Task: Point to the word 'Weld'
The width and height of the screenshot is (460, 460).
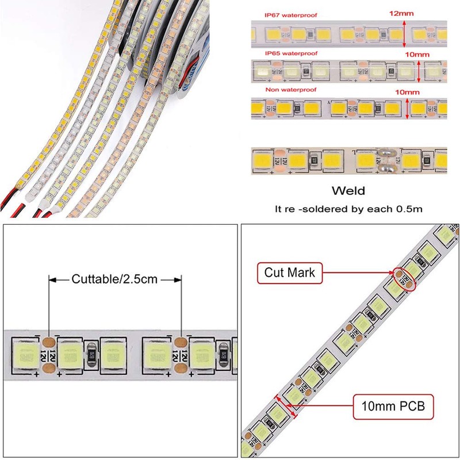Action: [348, 190]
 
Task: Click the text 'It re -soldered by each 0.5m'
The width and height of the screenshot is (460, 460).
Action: [348, 209]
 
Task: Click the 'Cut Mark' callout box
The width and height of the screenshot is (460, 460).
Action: [290, 273]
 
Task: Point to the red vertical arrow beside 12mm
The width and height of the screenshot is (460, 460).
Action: [404, 34]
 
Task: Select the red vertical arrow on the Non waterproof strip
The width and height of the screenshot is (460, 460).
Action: [409, 109]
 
